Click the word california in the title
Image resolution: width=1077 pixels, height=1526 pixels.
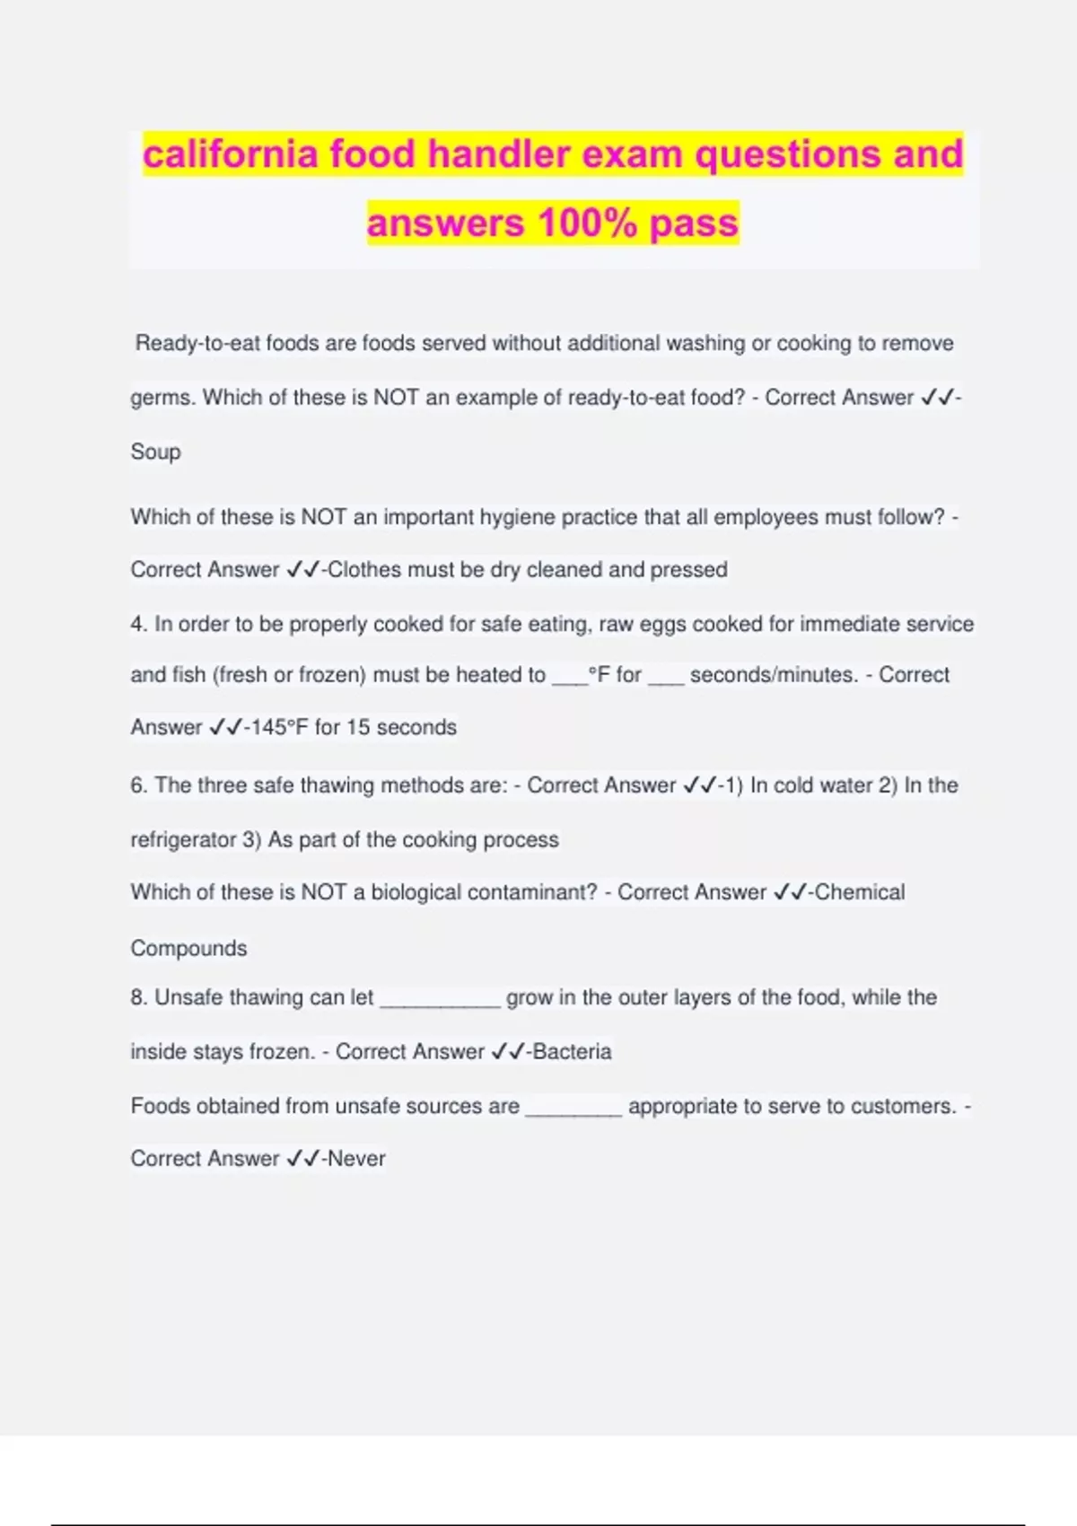pos(230,154)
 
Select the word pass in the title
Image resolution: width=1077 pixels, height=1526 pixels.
pos(694,224)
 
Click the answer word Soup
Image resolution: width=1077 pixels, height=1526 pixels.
pos(155,452)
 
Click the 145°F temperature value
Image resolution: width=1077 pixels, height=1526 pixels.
pos(279,727)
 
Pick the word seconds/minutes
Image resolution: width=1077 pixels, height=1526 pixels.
pos(773,675)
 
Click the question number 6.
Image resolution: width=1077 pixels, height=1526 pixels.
pos(138,785)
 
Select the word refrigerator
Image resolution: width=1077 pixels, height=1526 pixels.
pos(183,840)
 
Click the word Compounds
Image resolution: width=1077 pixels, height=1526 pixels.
pos(188,948)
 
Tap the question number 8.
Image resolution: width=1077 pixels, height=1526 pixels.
pos(138,997)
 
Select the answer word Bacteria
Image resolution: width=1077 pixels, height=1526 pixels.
pos(572,1051)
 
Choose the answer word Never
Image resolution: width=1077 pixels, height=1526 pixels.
pos(356,1159)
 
